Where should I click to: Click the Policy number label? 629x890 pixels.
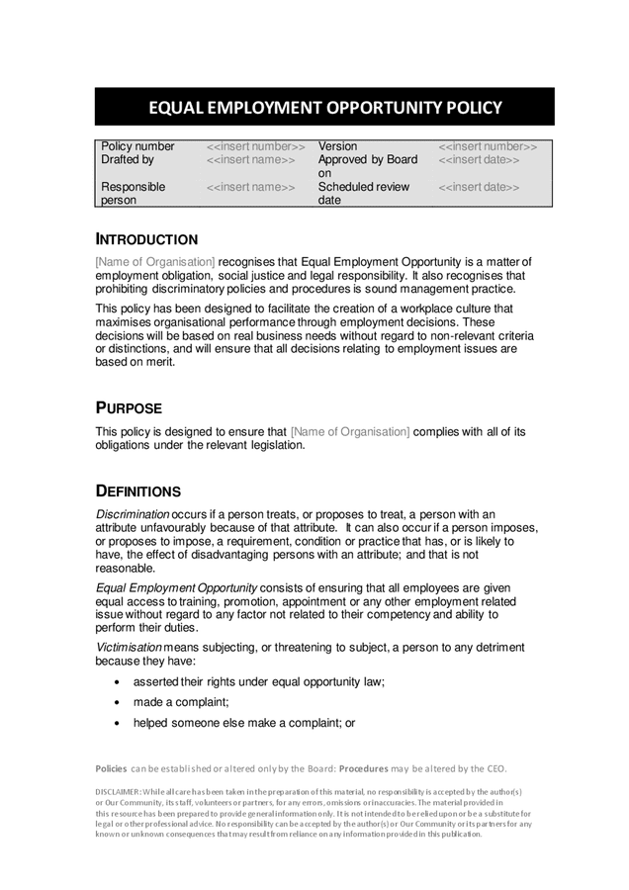(x=137, y=146)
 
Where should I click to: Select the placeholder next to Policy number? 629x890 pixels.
(x=255, y=146)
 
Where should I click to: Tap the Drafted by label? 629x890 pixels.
(x=128, y=159)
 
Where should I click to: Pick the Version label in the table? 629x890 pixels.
(x=337, y=146)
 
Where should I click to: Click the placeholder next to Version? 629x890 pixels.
(x=488, y=146)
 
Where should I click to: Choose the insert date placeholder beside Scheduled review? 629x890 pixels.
(x=478, y=186)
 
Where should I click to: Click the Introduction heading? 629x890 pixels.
(x=146, y=239)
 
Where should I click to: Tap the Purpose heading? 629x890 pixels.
(x=129, y=408)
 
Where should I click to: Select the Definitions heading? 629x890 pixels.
(x=137, y=491)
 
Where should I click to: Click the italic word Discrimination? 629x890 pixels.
(x=133, y=514)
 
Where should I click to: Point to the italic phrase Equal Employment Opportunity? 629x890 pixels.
(x=176, y=586)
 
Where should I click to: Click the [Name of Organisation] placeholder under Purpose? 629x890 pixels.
(x=349, y=431)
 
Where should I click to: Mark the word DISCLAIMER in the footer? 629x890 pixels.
(x=118, y=792)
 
